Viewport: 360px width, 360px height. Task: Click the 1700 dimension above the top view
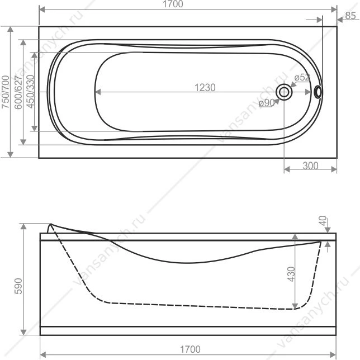[x=173, y=4]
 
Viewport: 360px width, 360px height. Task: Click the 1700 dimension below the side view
[x=190, y=349]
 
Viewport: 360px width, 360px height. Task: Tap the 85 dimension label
[x=350, y=16]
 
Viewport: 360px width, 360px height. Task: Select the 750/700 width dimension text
[x=5, y=92]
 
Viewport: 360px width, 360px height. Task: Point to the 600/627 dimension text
[x=18, y=92]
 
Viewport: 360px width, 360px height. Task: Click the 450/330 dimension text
[x=30, y=91]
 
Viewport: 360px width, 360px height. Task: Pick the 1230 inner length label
[x=205, y=87]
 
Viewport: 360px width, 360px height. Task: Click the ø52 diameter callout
[x=302, y=77]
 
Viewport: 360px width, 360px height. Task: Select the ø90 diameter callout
[x=266, y=103]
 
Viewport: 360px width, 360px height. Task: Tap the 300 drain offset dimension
[x=310, y=165]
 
